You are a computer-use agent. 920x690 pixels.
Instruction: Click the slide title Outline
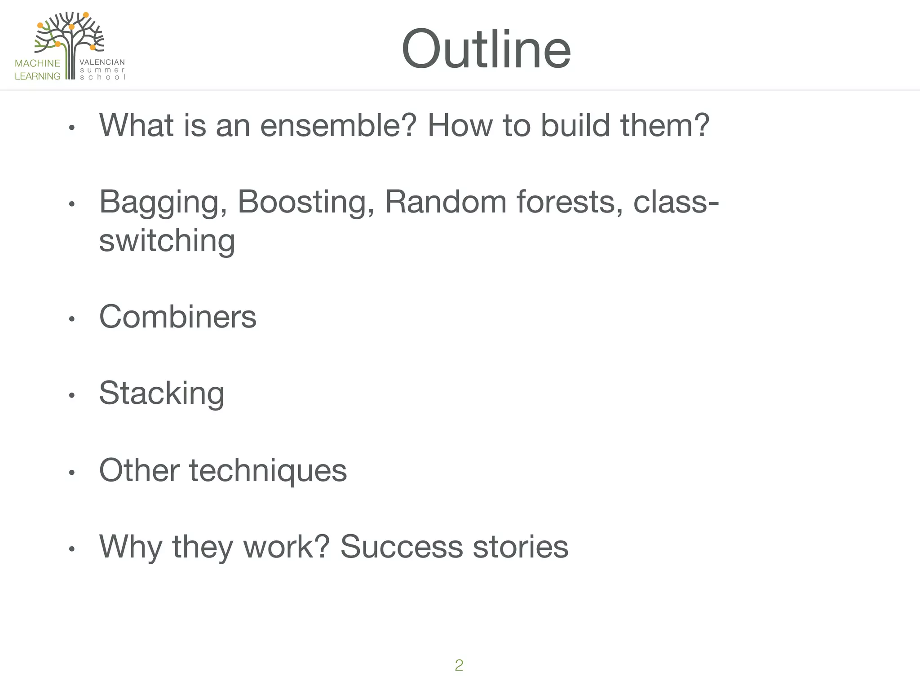[486, 49]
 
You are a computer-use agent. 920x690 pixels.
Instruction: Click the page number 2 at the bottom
[459, 665]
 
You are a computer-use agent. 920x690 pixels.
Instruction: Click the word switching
[167, 241]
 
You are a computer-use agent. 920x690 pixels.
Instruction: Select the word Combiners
[177, 317]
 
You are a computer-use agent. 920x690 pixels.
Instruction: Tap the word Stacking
[162, 394]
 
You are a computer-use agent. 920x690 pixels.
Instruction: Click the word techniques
[268, 471]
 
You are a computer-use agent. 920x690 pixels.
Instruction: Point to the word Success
[401, 547]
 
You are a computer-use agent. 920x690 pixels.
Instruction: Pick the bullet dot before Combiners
[71, 319]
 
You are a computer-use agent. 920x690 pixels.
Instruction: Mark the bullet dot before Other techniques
[71, 473]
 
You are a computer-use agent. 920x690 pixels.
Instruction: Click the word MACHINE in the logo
[37, 63]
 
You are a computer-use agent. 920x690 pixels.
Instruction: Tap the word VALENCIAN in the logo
[102, 62]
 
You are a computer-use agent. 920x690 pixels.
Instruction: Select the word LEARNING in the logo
[37, 76]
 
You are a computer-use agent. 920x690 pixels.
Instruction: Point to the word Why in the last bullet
[130, 547]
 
